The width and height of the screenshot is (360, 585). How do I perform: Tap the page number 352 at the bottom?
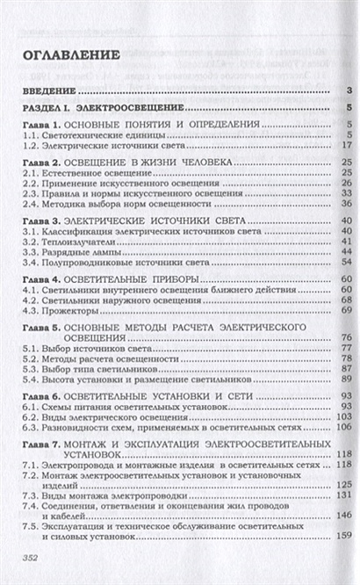pos(32,557)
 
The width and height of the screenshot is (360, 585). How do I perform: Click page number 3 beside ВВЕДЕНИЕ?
pos(349,90)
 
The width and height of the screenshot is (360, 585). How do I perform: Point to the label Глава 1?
pos(43,125)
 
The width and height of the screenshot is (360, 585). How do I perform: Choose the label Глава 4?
pos(43,277)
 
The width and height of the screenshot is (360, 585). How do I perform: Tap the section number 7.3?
pos(31,494)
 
